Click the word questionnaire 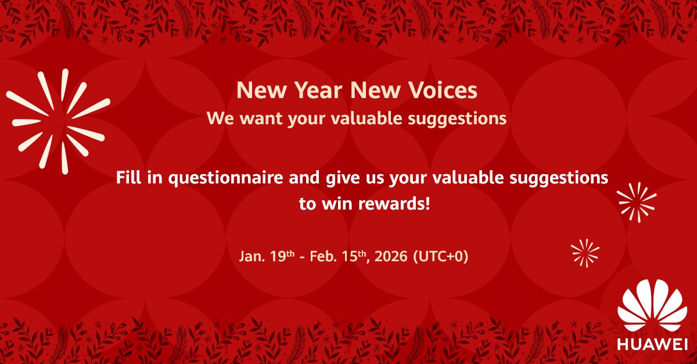click(x=227, y=178)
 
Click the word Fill click(x=130, y=178)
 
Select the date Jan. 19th click(x=261, y=256)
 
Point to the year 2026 click(x=391, y=256)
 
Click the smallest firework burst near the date click(x=585, y=252)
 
